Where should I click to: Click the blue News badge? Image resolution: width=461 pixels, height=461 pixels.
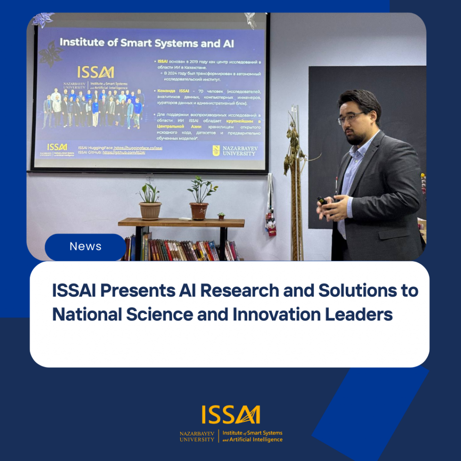coord(86,247)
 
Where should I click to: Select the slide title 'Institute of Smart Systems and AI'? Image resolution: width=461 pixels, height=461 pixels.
coord(147,43)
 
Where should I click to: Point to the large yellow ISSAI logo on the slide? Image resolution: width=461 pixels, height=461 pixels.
coord(95,72)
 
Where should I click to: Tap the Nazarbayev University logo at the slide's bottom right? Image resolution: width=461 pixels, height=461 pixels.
coord(234,150)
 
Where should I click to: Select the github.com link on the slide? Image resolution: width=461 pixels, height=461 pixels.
coord(124,153)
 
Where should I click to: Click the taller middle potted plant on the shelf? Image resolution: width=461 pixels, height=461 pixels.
coord(199,198)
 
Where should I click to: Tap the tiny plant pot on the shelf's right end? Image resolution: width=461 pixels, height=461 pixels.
coord(221,216)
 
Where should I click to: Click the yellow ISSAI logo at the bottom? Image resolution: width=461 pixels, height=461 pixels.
coord(230,415)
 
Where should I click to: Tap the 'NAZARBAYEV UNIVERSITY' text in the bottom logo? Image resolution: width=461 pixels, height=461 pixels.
coord(197,436)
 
